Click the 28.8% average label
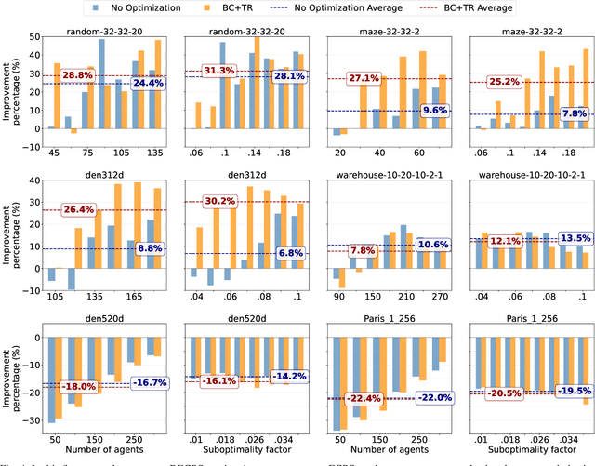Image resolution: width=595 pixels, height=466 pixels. tap(78, 74)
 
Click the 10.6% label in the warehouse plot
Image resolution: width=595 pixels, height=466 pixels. tap(433, 245)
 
